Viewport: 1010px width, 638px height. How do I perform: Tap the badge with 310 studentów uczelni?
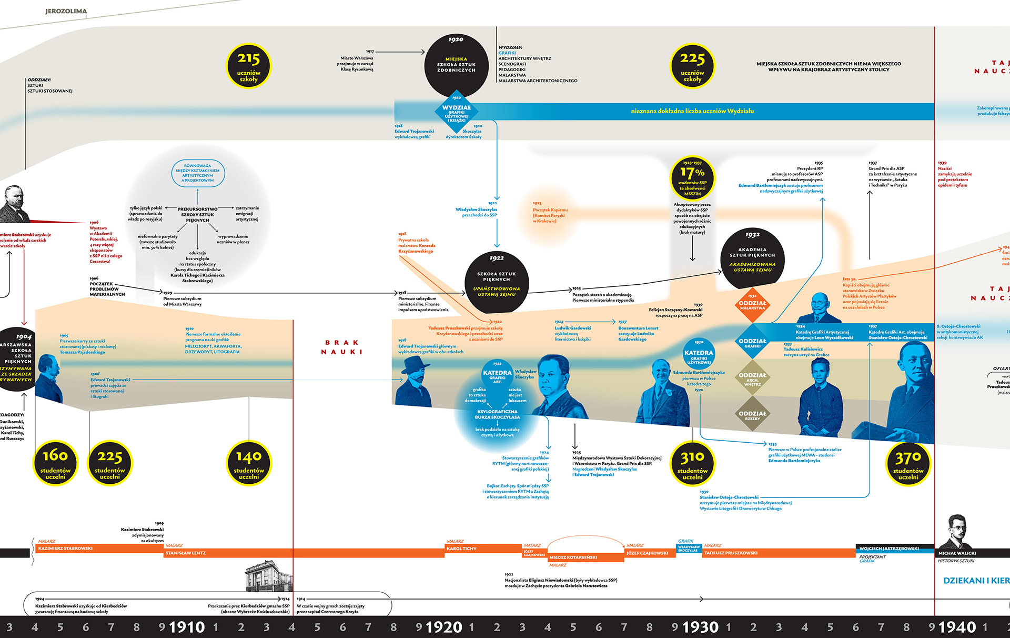pyautogui.click(x=692, y=463)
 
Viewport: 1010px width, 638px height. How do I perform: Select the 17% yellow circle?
pyautogui.click(x=692, y=177)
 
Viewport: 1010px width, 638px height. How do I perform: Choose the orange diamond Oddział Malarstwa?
pyautogui.click(x=752, y=305)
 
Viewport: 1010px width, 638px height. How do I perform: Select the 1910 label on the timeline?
pyautogui.click(x=187, y=627)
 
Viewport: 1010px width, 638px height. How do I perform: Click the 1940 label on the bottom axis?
pyautogui.click(x=957, y=627)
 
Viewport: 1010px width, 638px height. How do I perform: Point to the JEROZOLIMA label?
pyautogui.click(x=66, y=11)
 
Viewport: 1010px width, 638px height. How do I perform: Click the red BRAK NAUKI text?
pyautogui.click(x=342, y=347)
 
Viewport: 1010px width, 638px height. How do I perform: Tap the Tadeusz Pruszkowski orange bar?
pyautogui.click(x=779, y=553)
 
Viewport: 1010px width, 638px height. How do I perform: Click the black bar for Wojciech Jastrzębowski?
pyautogui.click(x=894, y=549)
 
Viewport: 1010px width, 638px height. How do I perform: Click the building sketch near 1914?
pyautogui.click(x=269, y=577)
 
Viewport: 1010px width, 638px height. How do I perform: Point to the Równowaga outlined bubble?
pyautogui.click(x=198, y=173)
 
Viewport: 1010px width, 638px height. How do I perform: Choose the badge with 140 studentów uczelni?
pyautogui.click(x=249, y=463)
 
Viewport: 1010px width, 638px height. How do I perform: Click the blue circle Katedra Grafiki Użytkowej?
pyautogui.click(x=699, y=356)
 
